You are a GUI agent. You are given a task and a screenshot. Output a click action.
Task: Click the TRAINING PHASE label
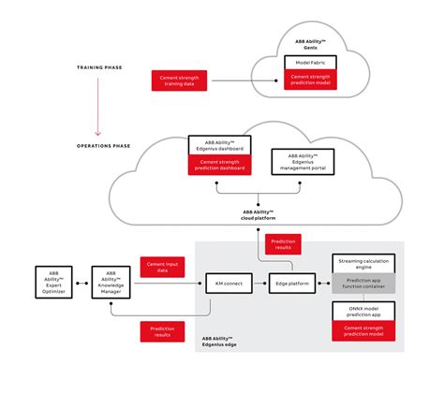point(102,68)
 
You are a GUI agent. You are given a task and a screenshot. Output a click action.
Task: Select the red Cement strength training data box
point(179,80)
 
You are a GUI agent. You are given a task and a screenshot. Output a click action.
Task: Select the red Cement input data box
point(163,268)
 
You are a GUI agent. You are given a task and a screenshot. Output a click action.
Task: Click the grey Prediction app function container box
point(363,284)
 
